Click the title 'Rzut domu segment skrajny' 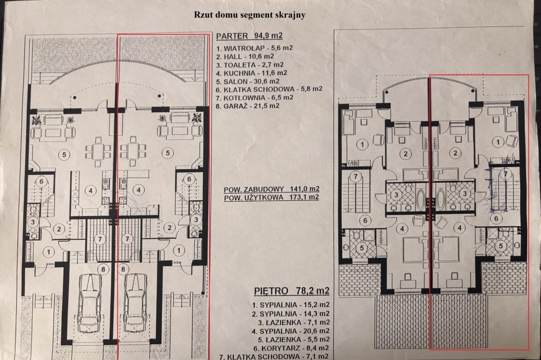pos(250,15)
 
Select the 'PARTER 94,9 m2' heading pos(249,36)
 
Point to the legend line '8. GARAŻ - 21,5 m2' pos(248,106)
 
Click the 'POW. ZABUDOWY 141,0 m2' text pos(271,189)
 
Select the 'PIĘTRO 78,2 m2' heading pos(292,291)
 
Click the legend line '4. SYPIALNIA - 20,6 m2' pos(290,331)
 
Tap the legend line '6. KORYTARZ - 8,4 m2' pos(291,348)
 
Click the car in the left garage pos(90,304)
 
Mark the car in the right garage pos(135,304)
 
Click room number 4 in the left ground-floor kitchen pos(91,191)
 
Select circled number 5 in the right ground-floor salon pos(168,153)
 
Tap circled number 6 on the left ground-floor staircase pos(41,181)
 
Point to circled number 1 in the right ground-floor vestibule pos(179,250)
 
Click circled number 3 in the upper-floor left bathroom pos(396,195)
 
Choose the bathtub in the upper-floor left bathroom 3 pos(421,200)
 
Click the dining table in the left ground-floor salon pos(98,152)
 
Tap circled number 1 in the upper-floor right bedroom pos(498,142)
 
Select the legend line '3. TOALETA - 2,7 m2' pos(250,65)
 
